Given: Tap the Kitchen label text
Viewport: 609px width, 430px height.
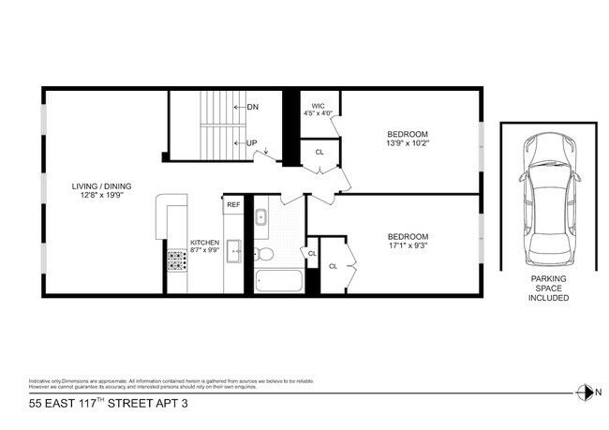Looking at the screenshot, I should click(204, 242).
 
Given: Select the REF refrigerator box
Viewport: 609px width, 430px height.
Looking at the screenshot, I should click(233, 204).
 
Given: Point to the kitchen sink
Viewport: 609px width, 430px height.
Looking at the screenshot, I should click(234, 250).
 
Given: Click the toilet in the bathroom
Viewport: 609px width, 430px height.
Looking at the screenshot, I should click(265, 254).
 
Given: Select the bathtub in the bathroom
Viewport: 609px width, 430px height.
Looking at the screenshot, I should click(278, 281).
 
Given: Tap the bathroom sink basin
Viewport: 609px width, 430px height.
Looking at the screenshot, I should click(262, 217).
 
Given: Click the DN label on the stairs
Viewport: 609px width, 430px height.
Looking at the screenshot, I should click(252, 107).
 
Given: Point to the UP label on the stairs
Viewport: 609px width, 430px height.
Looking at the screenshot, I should click(252, 142).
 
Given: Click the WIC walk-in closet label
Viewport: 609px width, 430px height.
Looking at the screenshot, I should click(319, 106).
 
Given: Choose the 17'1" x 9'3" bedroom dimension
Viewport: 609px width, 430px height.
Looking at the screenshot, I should click(408, 245).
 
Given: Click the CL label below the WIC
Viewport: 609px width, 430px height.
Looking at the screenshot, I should click(319, 152).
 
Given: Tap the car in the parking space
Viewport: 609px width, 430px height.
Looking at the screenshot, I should click(548, 200).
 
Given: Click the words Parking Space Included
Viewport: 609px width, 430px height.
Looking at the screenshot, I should click(548, 288).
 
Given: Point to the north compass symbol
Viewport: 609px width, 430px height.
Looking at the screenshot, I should click(586, 392).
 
